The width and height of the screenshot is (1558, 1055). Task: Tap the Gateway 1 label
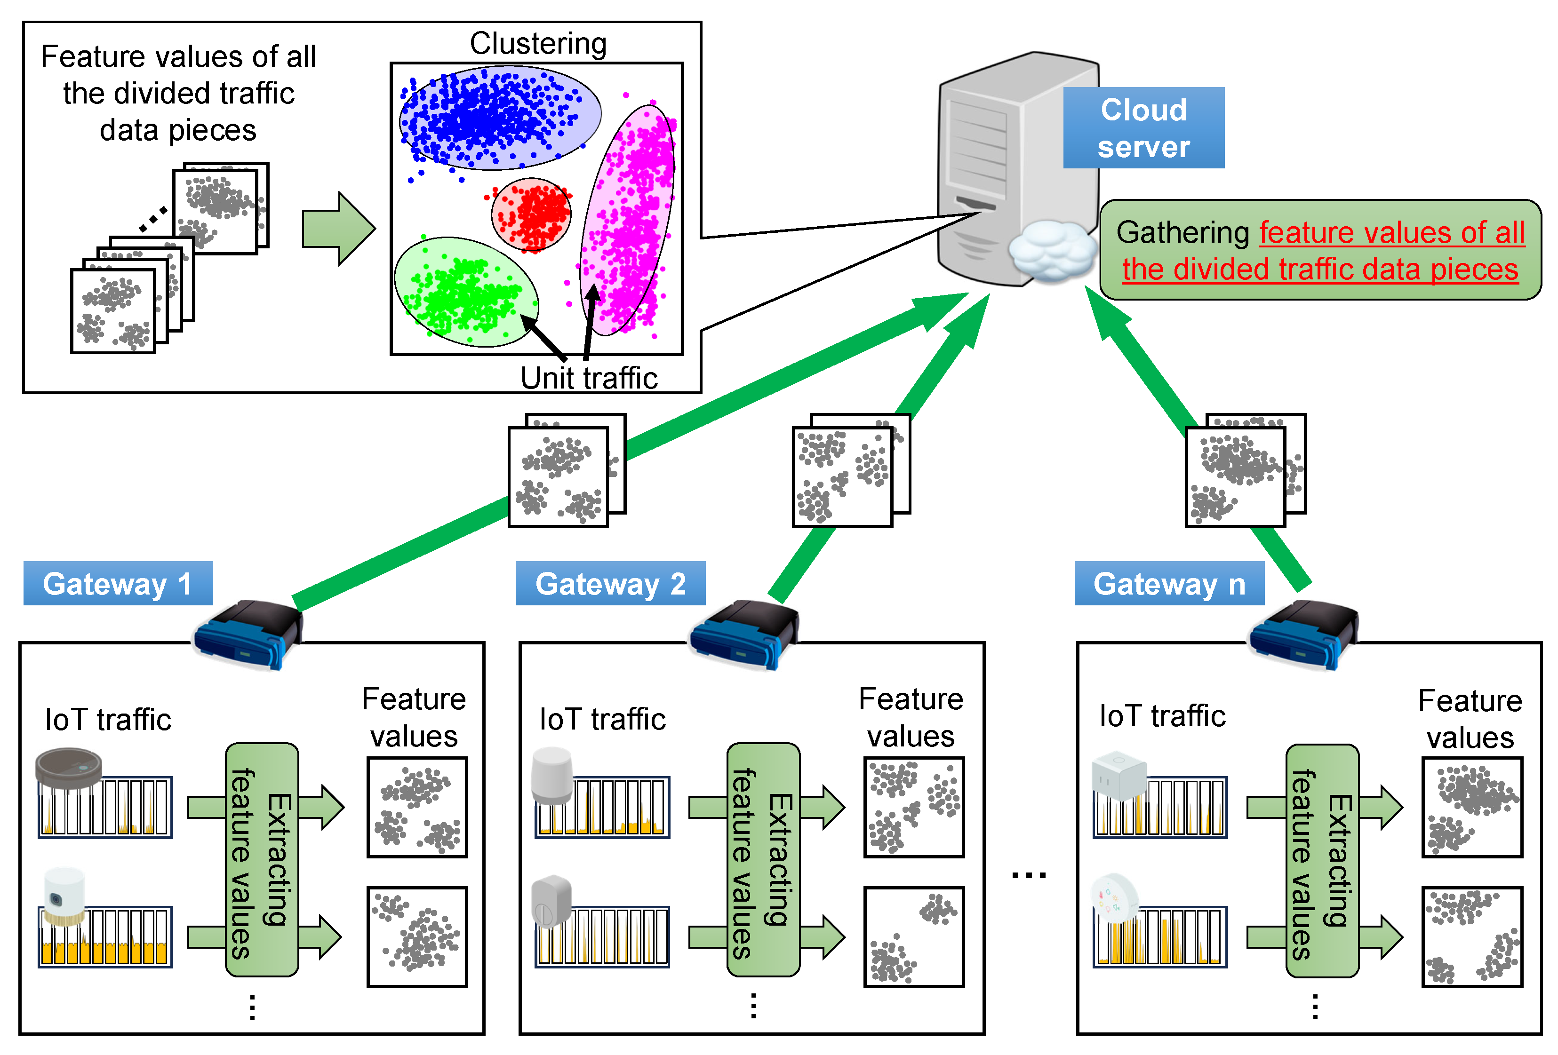(118, 584)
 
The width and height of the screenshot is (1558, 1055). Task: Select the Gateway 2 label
(610, 584)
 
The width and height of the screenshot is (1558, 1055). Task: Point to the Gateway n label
(1169, 584)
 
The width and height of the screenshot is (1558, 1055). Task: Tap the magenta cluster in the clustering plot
(629, 221)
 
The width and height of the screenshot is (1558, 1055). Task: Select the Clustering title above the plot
(538, 44)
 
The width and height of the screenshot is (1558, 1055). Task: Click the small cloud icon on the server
(1050, 251)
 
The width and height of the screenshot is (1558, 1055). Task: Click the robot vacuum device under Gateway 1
(69, 767)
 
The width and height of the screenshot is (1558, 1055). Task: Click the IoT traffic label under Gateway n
(1162, 716)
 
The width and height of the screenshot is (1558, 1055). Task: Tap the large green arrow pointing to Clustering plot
(338, 229)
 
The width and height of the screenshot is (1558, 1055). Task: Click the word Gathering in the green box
(1182, 232)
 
